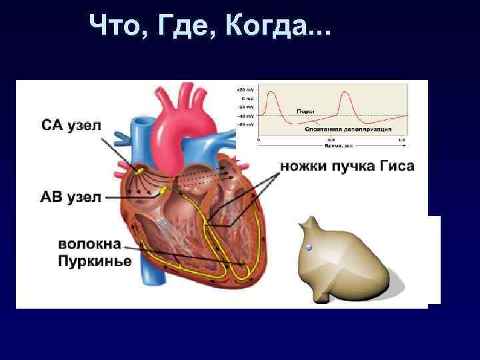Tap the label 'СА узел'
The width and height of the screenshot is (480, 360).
tap(72, 126)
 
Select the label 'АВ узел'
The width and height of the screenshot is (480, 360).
tap(71, 197)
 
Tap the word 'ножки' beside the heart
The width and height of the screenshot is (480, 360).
tap(305, 167)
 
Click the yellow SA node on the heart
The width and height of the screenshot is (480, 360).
tap(139, 171)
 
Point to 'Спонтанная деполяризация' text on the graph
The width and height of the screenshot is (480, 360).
tap(348, 129)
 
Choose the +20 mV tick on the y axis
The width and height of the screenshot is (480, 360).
tap(245, 89)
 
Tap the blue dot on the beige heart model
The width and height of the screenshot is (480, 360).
tap(308, 247)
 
